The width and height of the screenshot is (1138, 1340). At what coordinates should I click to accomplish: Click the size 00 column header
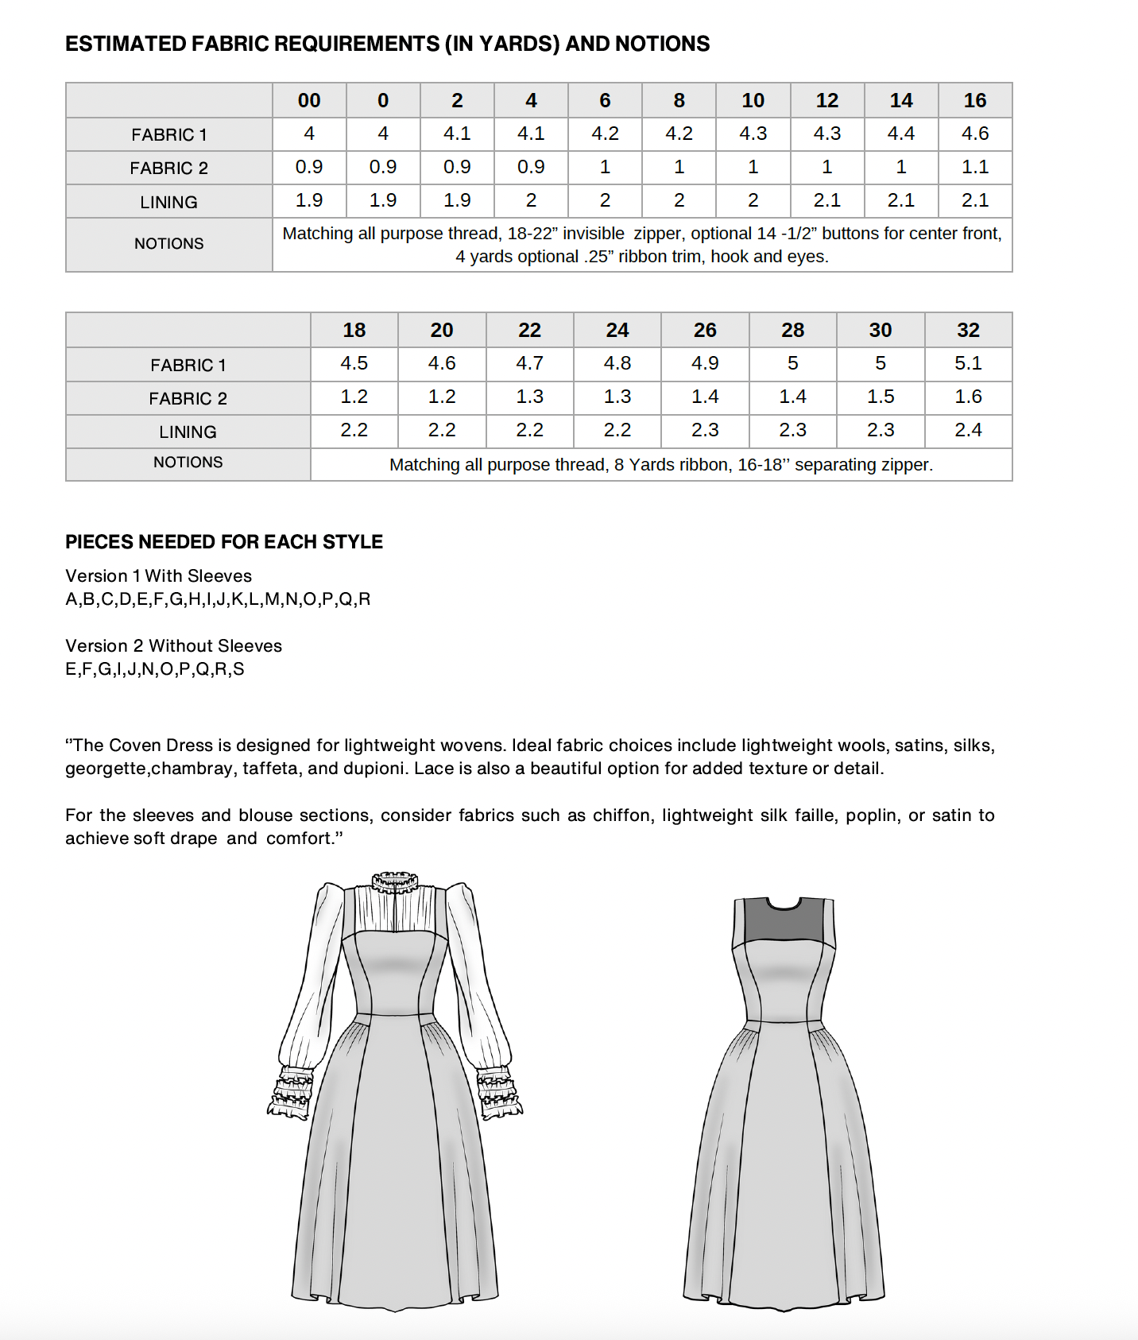pos(309,101)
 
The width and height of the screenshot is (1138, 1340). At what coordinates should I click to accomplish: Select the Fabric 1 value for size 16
pos(975,134)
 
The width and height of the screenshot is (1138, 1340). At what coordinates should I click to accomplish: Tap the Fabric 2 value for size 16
pos(975,167)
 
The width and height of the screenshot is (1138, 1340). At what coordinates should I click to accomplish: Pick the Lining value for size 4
pos(531,200)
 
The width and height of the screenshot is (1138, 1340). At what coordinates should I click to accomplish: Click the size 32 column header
pos(968,330)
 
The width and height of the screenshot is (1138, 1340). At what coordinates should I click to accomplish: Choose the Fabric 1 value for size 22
pos(529,363)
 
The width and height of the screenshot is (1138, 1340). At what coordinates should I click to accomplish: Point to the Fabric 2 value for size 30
pos(881,397)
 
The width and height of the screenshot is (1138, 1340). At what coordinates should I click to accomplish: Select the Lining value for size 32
pos(968,430)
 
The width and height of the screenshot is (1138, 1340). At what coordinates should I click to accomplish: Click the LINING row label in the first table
pos(168,202)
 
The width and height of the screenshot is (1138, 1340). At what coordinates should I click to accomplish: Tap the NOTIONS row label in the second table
pos(188,463)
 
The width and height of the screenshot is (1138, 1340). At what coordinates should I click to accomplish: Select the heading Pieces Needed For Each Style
pos(223,542)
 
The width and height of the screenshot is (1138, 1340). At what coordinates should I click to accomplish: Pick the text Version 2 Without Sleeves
pos(173,646)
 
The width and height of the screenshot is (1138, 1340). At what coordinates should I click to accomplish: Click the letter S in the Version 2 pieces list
pos(238,669)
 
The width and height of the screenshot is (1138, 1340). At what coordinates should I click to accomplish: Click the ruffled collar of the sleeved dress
pos(395,882)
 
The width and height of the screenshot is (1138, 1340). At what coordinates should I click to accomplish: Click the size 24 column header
pos(617,330)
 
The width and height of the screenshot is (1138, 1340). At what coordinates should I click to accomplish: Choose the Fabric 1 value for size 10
pos(753,134)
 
